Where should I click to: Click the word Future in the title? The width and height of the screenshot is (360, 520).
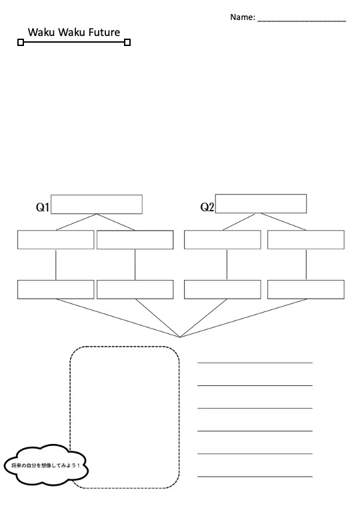coord(104,32)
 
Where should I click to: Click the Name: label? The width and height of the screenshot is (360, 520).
coord(243,17)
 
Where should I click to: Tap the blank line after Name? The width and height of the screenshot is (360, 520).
coord(301,21)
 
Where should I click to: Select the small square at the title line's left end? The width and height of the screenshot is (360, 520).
coord(21,42)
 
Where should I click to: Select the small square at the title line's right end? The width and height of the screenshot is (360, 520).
coord(127,42)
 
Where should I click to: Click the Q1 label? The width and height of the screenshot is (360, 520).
coord(43,207)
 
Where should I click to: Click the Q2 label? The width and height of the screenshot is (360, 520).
coord(207,207)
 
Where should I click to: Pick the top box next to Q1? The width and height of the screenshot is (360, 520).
coord(97,204)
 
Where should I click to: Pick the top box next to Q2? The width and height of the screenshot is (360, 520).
coord(261,203)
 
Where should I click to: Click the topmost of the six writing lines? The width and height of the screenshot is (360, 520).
coord(255,363)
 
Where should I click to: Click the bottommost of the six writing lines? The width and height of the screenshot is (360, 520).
coord(255,477)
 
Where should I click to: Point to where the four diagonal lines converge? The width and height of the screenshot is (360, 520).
coord(180,337)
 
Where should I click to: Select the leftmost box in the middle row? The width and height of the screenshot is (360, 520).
coord(56,239)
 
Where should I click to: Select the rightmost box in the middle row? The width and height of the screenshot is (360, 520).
coord(305,239)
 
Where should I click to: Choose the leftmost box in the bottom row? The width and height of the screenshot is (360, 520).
coord(56,289)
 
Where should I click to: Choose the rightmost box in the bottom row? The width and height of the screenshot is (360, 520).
coord(305,289)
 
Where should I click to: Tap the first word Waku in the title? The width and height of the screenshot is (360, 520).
coord(41,32)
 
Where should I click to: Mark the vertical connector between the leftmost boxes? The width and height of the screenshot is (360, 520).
coord(56,265)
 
